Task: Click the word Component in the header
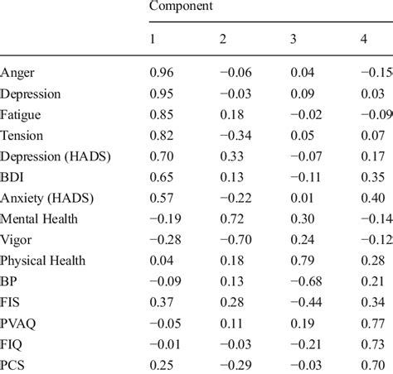(180, 7)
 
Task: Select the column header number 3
(294, 40)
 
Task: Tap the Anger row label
(18, 73)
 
